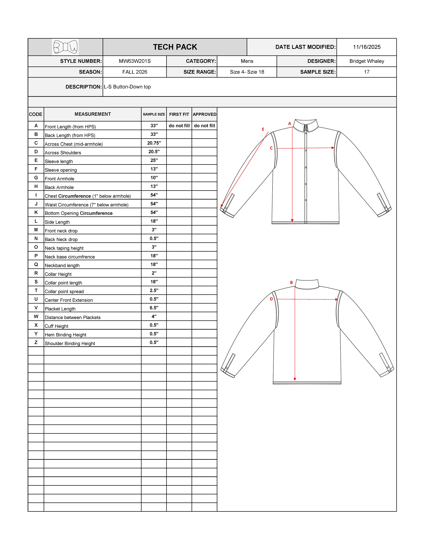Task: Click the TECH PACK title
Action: [175, 47]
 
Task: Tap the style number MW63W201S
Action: [135, 61]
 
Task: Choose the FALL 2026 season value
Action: [135, 72]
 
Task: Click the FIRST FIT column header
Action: [179, 114]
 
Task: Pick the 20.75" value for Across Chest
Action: [154, 143]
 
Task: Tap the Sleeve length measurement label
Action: [59, 161]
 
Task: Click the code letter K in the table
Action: [36, 213]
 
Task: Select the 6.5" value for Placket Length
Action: [154, 308]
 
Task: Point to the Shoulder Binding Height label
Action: [70, 343]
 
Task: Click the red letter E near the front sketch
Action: [263, 129]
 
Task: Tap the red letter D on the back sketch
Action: [271, 299]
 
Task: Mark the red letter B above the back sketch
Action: [291, 283]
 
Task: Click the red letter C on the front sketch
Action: [271, 148]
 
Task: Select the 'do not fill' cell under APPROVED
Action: [204, 126]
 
